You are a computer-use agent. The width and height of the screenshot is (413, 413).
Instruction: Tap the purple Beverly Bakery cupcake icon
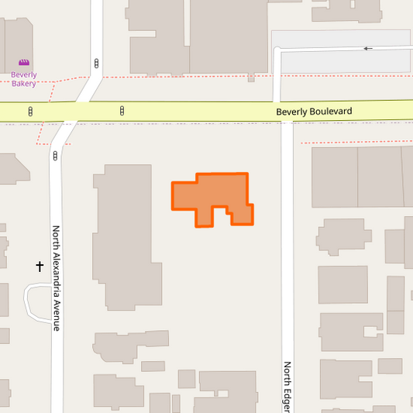point(24,63)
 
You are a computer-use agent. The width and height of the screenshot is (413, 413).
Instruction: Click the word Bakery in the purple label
point(24,83)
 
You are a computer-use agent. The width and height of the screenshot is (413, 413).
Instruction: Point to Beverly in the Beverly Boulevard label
point(292,112)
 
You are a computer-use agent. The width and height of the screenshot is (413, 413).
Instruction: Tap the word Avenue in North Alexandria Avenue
point(56,316)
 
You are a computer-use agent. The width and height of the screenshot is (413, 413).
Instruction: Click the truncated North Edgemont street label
point(287,385)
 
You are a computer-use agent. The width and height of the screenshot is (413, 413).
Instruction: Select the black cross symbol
point(40,267)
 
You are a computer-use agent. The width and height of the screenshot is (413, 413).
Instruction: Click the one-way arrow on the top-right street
point(368,49)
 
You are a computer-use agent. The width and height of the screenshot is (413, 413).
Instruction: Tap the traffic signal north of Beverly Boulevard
point(96,63)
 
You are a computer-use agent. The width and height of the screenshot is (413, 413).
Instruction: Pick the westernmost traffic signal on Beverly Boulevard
point(30,112)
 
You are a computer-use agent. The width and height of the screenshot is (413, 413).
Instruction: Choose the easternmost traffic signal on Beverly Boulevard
point(122,112)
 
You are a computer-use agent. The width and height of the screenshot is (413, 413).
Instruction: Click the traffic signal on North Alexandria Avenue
point(55,156)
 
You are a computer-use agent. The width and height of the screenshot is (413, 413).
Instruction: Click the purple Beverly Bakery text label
point(24,79)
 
